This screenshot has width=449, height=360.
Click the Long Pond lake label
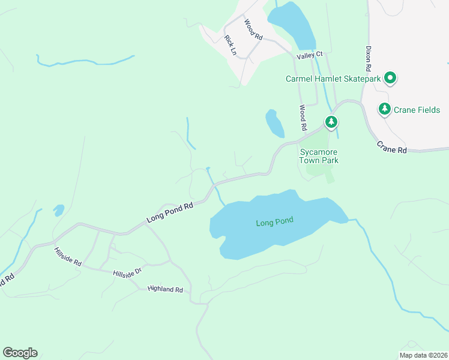pos(274,223)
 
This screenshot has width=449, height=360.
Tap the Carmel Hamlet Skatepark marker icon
pos(390,79)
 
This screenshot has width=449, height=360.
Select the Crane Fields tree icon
pos(385,109)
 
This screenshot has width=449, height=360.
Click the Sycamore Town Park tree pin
pos(331,122)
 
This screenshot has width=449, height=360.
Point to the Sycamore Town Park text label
pos(319,156)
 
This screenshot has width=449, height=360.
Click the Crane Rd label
pos(392,147)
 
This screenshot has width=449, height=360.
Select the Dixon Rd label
pos(370,59)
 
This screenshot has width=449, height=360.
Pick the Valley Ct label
pos(310,55)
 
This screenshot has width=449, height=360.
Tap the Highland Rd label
pos(165,289)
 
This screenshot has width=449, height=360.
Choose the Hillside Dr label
pos(127,272)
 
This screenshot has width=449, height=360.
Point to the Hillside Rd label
pos(67,256)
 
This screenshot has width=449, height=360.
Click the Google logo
pos(20,353)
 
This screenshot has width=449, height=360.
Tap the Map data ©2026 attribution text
pos(423,355)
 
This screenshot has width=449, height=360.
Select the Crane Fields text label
pos(417,110)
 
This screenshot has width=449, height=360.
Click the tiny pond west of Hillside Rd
pos(59,210)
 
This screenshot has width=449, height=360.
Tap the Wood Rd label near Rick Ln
pos(253,30)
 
